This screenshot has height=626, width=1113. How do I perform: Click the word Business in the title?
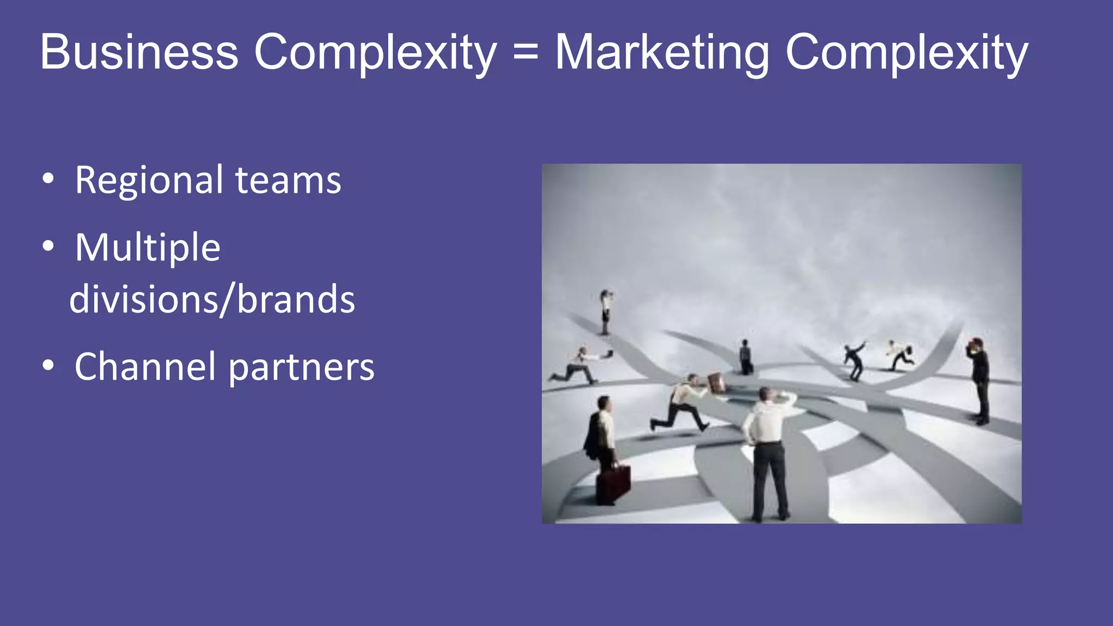click(139, 52)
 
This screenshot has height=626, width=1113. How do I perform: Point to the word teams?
click(288, 181)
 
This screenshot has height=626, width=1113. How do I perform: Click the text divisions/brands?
click(212, 299)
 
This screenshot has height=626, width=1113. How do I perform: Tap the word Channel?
click(145, 367)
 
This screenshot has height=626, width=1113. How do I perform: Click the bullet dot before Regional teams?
click(48, 179)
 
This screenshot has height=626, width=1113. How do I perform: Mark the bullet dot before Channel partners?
click(48, 366)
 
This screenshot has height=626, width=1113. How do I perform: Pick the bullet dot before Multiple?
click(48, 246)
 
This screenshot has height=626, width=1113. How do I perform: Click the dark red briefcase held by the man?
click(613, 483)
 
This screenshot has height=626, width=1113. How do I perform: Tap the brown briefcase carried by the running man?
click(716, 383)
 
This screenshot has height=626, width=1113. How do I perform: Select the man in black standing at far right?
click(980, 380)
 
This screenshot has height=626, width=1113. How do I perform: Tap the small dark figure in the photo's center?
click(746, 357)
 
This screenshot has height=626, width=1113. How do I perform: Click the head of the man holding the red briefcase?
click(604, 403)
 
